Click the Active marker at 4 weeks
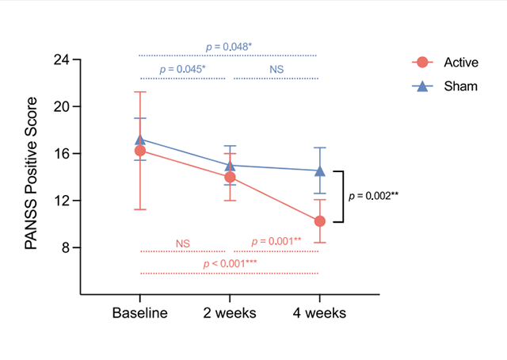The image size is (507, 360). pyautogui.click(x=319, y=221)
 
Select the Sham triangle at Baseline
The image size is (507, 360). pyautogui.click(x=140, y=140)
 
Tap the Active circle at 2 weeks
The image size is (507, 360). pyautogui.click(x=230, y=177)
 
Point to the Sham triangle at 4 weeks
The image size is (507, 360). pyautogui.click(x=319, y=170)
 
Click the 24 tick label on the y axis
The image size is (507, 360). pyautogui.click(x=62, y=59)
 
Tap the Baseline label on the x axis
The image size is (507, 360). pyautogui.click(x=140, y=313)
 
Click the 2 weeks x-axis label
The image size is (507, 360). pyautogui.click(x=230, y=313)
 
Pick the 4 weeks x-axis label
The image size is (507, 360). pyautogui.click(x=319, y=313)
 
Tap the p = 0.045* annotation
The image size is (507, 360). pyautogui.click(x=182, y=70)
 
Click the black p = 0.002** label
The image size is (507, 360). pyautogui.click(x=373, y=195)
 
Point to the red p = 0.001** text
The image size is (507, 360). pyautogui.click(x=276, y=241)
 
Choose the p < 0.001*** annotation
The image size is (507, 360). pyautogui.click(x=230, y=263)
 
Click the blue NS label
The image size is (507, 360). pyautogui.click(x=276, y=70)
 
